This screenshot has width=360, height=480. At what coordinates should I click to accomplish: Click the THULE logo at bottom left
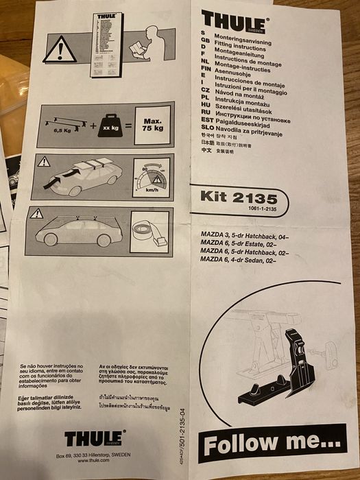point(95,437)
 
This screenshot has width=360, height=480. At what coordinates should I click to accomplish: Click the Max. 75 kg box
point(152,129)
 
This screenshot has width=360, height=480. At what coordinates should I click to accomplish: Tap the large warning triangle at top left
point(59,49)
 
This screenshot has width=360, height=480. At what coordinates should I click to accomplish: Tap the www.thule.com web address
point(95,460)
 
